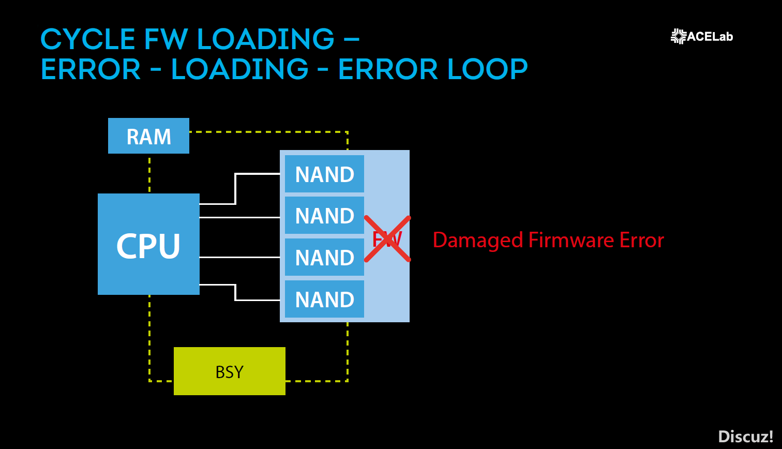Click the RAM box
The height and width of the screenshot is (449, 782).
point(149,136)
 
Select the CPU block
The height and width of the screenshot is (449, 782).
point(149,244)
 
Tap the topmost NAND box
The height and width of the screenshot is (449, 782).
point(324,174)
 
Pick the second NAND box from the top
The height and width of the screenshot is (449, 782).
point(324,215)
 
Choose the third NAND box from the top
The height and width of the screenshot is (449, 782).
point(324,257)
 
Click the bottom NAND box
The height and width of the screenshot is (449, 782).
point(324,299)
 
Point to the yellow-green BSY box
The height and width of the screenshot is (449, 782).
point(229,371)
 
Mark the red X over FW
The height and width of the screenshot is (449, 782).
point(387,239)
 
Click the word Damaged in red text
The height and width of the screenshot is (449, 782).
point(478,241)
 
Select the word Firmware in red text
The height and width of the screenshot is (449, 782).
point(571,240)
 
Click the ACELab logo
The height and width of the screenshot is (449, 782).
point(702,36)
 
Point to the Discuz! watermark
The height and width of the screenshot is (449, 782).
point(746,437)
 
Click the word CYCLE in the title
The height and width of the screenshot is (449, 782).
point(88,39)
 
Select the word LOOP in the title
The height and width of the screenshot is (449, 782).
point(487,69)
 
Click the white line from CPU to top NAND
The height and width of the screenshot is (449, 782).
point(236,188)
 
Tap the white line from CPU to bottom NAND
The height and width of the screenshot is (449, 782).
point(236,293)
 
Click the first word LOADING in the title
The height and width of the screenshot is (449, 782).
point(266,39)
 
